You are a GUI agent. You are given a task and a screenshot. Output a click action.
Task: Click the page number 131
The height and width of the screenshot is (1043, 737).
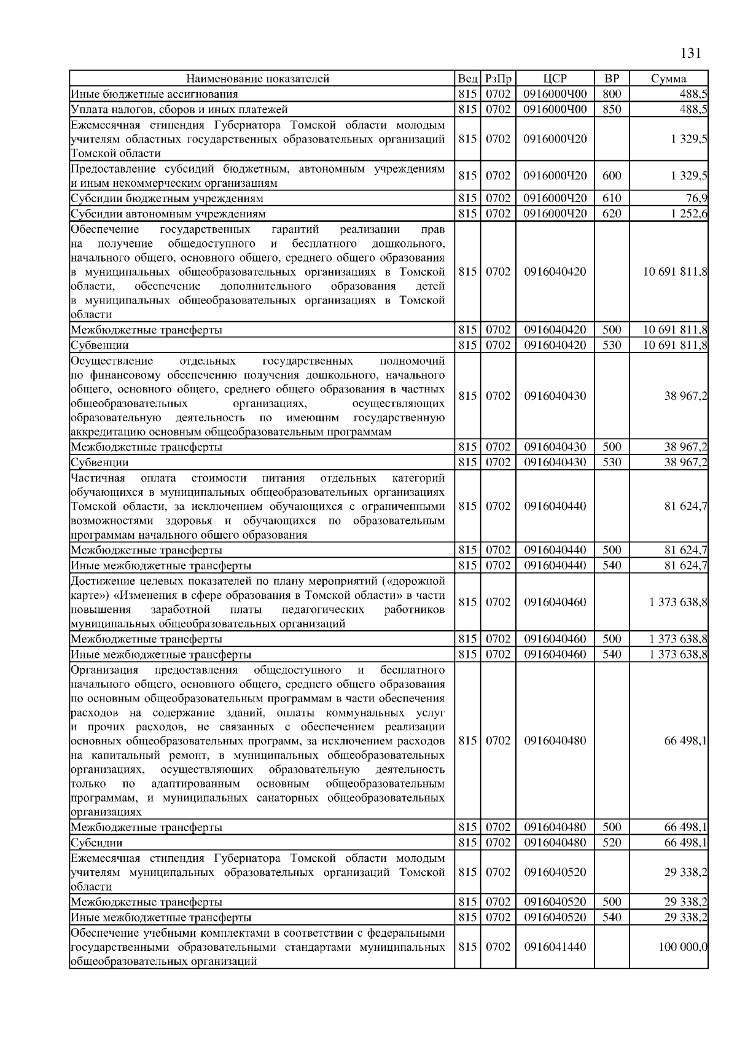[x=690, y=53]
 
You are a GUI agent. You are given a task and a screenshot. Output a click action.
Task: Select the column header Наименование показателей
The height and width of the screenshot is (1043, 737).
[x=258, y=79]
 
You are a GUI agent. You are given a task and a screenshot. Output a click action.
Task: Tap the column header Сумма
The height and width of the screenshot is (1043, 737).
[x=669, y=79]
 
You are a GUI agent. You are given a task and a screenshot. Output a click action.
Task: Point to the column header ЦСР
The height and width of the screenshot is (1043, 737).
[x=555, y=79]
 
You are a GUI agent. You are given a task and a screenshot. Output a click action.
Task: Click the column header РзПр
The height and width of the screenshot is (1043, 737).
[x=498, y=79]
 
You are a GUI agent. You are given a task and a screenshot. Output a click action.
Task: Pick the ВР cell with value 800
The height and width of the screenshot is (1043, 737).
[x=612, y=94]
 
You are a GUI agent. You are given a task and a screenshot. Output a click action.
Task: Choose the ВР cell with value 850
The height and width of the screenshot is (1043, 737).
[x=612, y=109]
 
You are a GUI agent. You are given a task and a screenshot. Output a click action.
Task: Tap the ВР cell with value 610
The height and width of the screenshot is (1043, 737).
[x=612, y=198]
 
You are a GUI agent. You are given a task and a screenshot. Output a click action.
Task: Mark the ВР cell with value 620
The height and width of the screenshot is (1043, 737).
[x=612, y=214]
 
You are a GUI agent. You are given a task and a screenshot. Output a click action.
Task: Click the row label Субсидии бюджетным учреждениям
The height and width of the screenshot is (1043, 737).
[x=167, y=198]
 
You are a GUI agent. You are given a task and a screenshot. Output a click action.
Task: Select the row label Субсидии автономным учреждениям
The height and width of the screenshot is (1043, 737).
[x=168, y=214]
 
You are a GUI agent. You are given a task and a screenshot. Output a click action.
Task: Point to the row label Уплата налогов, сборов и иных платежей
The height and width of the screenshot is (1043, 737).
[x=179, y=109]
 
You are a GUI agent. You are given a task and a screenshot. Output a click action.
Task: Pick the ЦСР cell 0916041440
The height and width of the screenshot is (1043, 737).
[x=555, y=947]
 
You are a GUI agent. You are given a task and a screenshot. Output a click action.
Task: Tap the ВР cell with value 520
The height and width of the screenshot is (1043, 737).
[x=612, y=843]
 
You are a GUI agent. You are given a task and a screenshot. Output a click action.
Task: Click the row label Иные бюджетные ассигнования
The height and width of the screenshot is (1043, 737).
[x=154, y=94]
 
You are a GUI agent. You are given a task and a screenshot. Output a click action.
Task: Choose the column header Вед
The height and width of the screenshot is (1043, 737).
[x=467, y=79]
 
